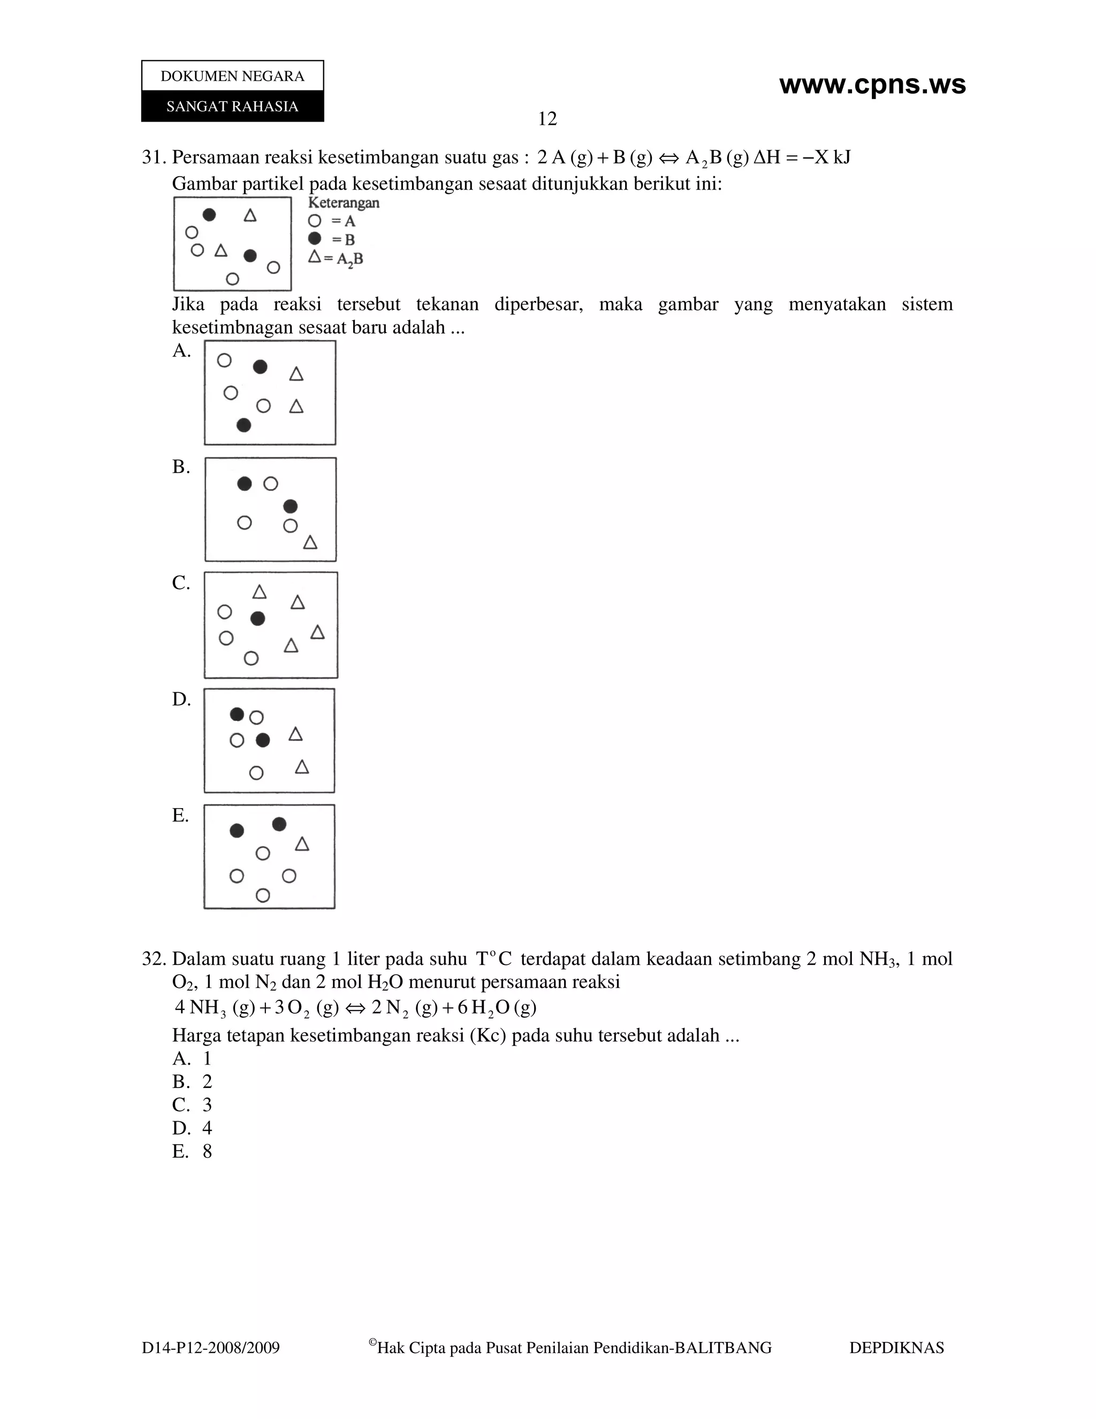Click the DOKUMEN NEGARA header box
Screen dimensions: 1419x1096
coord(232,76)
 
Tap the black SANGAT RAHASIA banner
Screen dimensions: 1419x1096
coord(232,107)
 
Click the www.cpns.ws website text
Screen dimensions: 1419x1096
coord(872,85)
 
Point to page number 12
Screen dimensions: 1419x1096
coord(547,119)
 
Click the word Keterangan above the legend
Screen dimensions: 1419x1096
coord(344,203)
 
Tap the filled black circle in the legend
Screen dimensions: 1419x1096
coord(315,238)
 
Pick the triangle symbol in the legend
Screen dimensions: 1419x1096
coord(315,256)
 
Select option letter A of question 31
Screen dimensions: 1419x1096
coord(181,351)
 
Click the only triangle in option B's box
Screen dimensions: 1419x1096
coord(310,542)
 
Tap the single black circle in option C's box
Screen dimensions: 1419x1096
coord(258,618)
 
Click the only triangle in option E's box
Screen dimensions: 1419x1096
coord(302,844)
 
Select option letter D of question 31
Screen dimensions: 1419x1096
coord(181,699)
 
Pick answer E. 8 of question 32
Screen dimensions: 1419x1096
coord(192,1151)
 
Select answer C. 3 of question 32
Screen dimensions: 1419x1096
coord(192,1105)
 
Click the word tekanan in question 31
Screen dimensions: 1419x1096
coord(447,304)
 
